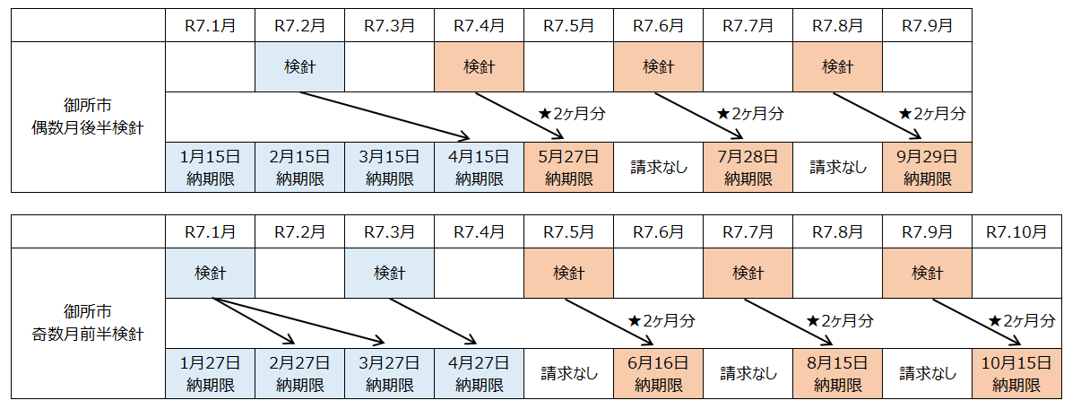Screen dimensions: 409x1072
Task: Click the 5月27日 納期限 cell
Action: [568, 167]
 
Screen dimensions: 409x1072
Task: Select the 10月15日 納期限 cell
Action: [1016, 375]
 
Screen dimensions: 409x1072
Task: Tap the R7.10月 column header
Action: [1016, 232]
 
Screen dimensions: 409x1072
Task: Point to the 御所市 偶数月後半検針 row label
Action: [88, 117]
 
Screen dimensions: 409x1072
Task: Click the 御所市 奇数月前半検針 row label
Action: [88, 324]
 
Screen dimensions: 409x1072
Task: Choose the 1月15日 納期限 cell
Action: [210, 167]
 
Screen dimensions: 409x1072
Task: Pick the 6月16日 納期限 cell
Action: [658, 375]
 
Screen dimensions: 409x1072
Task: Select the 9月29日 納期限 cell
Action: [927, 167]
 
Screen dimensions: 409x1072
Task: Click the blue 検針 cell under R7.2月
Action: [299, 67]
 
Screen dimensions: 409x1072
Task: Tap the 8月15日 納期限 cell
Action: [837, 375]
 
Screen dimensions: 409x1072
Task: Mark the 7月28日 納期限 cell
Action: [748, 167]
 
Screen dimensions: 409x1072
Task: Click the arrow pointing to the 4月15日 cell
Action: [385, 115]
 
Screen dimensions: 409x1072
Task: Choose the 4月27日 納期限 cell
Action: [479, 375]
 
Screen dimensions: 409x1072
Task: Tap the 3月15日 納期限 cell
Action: [389, 167]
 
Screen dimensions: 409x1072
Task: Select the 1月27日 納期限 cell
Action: [210, 375]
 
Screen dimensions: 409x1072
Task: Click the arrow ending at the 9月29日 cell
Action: [878, 115]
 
